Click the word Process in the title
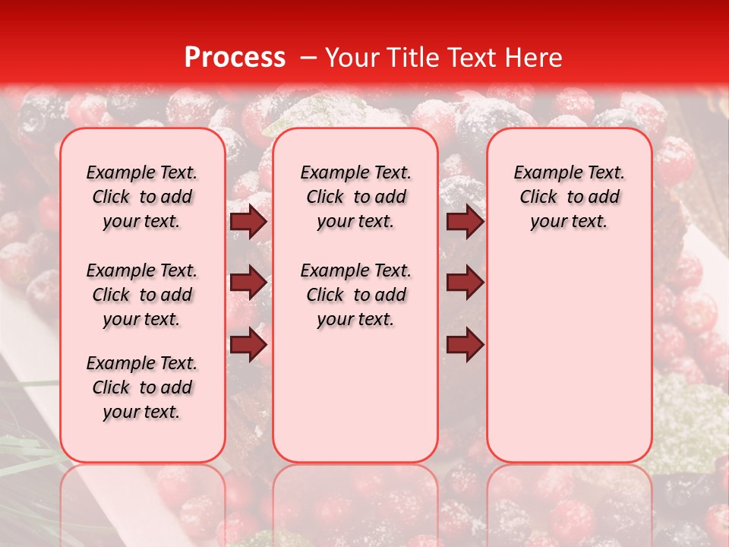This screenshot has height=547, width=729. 234,57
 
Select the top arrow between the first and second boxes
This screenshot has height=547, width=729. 248,222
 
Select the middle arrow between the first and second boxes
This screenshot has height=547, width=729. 248,283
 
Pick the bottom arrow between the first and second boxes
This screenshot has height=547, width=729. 248,344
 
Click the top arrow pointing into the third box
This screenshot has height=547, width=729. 465,222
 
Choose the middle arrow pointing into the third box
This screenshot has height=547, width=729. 465,283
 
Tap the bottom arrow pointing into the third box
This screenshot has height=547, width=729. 465,344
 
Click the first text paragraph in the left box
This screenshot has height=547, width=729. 142,197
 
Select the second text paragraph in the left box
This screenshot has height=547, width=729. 142,295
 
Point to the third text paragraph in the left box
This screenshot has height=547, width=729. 142,387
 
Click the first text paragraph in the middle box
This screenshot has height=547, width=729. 355,197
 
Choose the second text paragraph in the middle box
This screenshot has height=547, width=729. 355,295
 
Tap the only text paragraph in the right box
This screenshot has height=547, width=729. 570,197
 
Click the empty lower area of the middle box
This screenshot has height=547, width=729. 355,395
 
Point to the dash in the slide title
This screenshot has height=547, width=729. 308,58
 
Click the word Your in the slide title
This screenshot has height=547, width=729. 352,58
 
